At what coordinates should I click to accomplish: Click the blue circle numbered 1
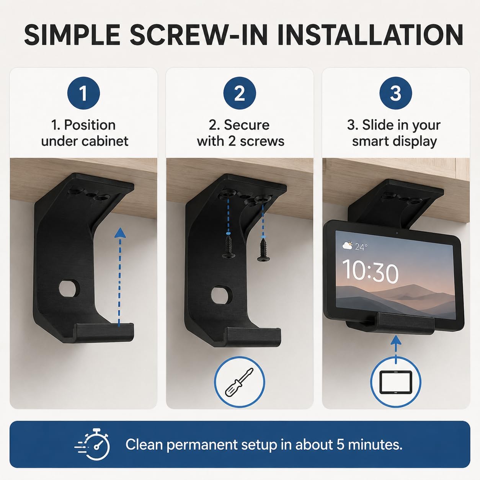click(x=83, y=93)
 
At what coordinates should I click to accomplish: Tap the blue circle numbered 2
click(x=240, y=93)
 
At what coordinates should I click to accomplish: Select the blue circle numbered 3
click(x=395, y=93)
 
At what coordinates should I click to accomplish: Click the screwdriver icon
click(x=239, y=382)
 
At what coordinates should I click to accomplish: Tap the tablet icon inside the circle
click(x=395, y=382)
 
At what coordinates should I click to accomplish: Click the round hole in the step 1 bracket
click(x=69, y=288)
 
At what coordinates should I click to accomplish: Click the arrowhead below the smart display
click(x=395, y=340)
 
